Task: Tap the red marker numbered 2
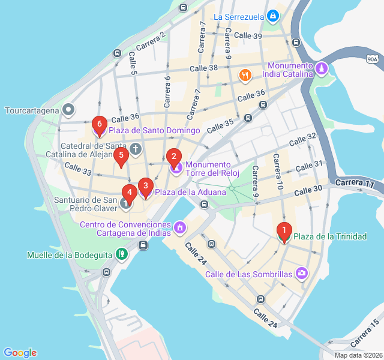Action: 174,158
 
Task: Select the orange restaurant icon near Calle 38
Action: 245,76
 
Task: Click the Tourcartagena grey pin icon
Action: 69,110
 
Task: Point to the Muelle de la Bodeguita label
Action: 70,255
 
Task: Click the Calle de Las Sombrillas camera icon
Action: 302,274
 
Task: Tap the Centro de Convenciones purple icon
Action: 179,228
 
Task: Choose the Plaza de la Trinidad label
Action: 330,236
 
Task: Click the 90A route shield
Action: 372,59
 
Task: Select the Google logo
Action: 20,353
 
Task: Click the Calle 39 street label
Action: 248,36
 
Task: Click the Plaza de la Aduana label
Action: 190,192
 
